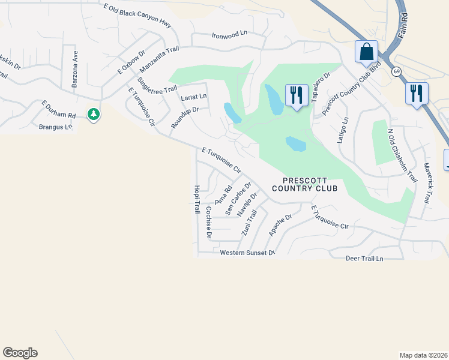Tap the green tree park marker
(93, 113)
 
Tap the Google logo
(20, 353)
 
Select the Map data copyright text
(423, 355)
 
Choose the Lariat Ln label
(194, 96)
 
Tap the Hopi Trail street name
(196, 200)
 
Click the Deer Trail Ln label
(364, 259)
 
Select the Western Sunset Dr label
(247, 253)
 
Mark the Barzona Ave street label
(75, 69)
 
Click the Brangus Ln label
(55, 127)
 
